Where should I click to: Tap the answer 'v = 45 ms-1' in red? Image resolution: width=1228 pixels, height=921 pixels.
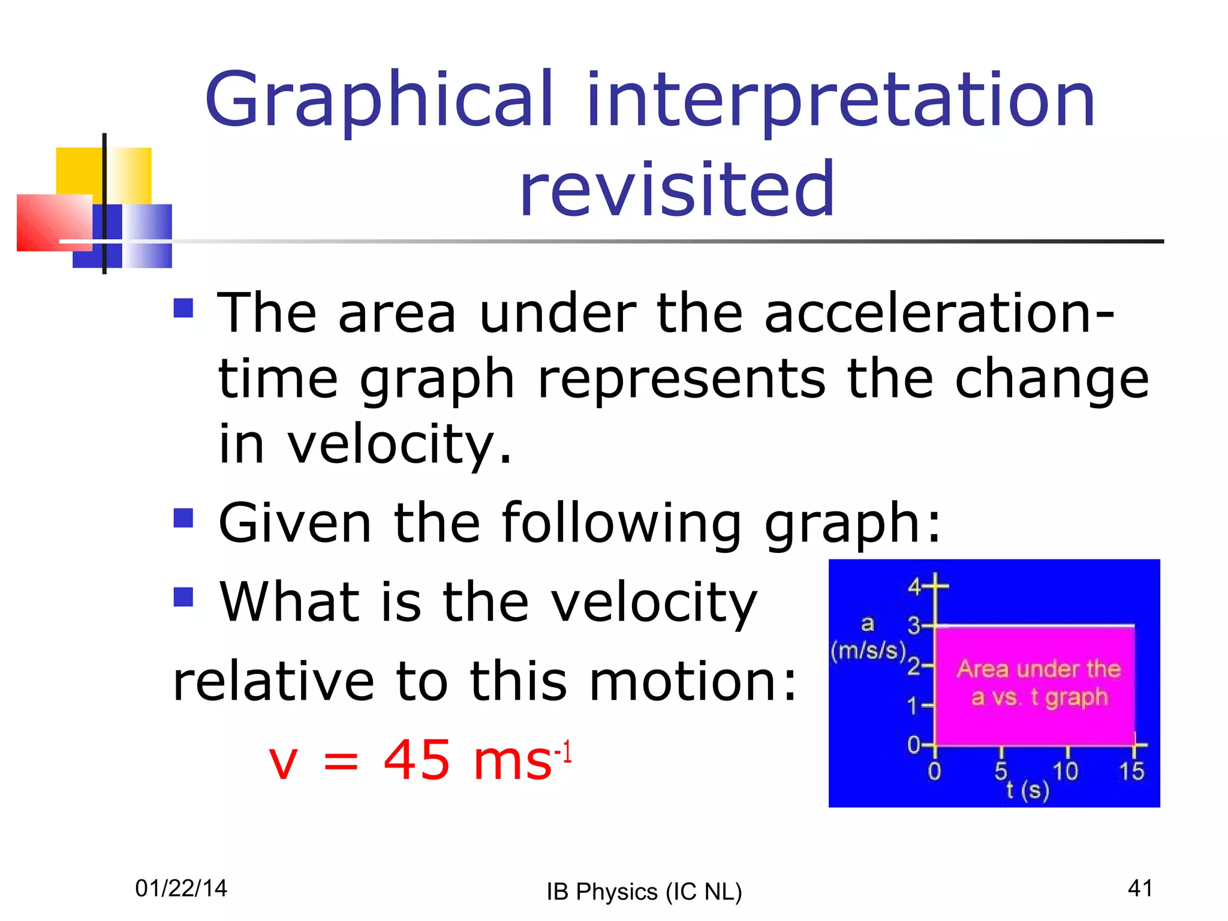(420, 760)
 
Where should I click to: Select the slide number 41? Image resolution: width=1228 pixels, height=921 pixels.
(1140, 888)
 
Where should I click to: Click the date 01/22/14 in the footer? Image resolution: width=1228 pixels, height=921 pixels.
(181, 888)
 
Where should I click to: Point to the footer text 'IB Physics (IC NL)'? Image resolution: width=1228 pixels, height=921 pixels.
(644, 892)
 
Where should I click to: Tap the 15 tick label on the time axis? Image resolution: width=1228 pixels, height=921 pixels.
(1131, 771)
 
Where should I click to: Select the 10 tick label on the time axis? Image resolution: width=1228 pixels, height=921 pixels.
(1066, 771)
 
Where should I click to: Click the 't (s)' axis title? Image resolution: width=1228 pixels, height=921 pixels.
(1028, 791)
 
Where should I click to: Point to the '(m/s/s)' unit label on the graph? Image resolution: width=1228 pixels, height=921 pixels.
(868, 650)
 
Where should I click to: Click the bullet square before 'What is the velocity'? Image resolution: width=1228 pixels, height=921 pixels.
(183, 597)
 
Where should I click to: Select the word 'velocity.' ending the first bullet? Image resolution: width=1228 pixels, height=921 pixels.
(399, 445)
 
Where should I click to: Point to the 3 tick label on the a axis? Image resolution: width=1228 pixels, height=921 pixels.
(913, 626)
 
